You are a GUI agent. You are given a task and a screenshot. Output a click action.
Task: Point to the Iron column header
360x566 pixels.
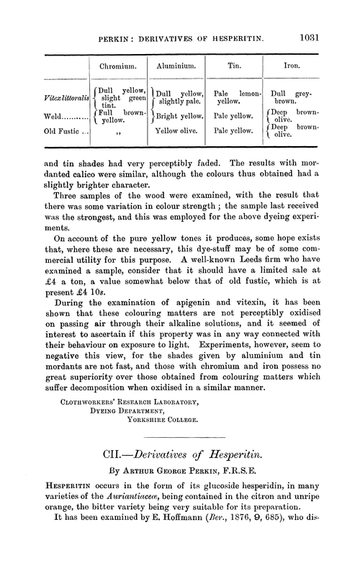point(292,64)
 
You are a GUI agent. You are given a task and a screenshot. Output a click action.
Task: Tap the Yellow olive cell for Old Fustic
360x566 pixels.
point(175,130)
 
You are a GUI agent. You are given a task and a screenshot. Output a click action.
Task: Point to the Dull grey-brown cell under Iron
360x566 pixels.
point(293,97)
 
